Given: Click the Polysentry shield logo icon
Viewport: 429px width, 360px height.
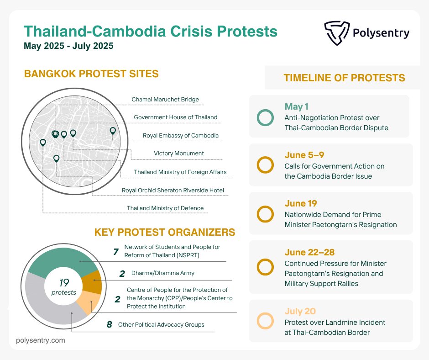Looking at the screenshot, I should (x=336, y=33).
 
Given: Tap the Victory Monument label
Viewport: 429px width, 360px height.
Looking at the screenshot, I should (x=179, y=154).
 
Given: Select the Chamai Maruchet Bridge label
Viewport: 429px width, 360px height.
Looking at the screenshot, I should (x=165, y=99).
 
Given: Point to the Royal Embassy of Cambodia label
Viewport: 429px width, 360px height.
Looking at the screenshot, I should (x=181, y=135).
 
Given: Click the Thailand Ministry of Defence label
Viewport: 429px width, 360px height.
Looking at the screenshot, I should (x=165, y=208).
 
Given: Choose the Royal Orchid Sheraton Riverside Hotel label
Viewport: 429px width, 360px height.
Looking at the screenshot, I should (x=173, y=190).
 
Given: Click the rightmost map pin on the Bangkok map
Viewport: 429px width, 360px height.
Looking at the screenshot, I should (x=113, y=131).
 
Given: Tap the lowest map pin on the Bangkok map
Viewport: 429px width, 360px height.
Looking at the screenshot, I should (x=56, y=159).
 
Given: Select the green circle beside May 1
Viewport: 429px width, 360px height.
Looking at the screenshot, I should (x=265, y=117).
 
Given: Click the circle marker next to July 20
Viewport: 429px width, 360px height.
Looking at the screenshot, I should (x=265, y=321).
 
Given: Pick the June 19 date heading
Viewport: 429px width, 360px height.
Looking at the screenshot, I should (x=300, y=204).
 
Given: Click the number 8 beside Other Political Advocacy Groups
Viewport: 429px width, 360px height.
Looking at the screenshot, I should (x=109, y=325).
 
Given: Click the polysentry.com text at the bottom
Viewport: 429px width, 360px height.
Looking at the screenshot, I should (x=41, y=340).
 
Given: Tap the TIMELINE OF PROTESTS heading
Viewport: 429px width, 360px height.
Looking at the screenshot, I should (x=344, y=78).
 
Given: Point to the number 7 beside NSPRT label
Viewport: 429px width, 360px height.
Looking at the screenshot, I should (x=116, y=251).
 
